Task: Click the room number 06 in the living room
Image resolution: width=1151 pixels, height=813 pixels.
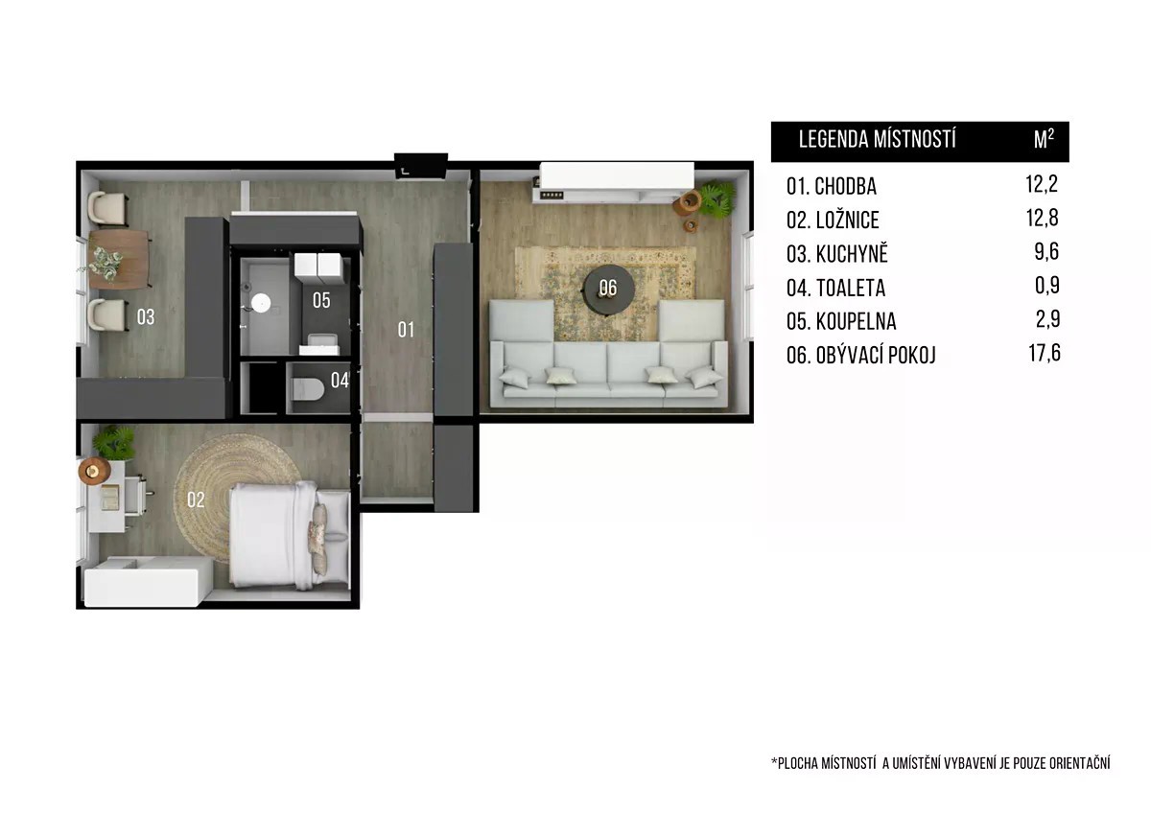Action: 608,289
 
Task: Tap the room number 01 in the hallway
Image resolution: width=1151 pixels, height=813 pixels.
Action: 406,330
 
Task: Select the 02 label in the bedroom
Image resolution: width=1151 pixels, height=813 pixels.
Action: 196,499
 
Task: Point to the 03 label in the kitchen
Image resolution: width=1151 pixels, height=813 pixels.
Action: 146,317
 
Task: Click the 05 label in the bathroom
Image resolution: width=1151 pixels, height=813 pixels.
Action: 321,300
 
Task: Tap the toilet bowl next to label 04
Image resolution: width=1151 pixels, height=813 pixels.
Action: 307,389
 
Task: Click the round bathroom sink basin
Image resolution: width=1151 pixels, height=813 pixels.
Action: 261,303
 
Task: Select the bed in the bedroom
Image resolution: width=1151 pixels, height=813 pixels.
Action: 290,535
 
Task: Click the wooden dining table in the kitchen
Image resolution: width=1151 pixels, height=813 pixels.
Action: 119,260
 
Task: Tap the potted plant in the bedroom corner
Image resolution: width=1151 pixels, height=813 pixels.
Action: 114,443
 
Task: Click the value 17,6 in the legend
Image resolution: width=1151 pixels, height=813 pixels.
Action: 1045,354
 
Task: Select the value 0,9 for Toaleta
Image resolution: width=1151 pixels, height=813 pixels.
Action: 1047,286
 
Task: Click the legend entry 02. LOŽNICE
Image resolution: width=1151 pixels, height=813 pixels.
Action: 833,221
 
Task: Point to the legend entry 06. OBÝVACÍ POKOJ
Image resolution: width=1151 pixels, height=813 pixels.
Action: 861,356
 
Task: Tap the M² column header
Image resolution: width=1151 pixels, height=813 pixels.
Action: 1045,139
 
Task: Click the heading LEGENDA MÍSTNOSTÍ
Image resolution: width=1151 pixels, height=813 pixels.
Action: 877,140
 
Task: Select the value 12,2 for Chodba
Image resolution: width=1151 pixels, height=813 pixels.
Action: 1042,184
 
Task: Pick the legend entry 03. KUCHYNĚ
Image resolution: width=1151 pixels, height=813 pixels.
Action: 837,253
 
